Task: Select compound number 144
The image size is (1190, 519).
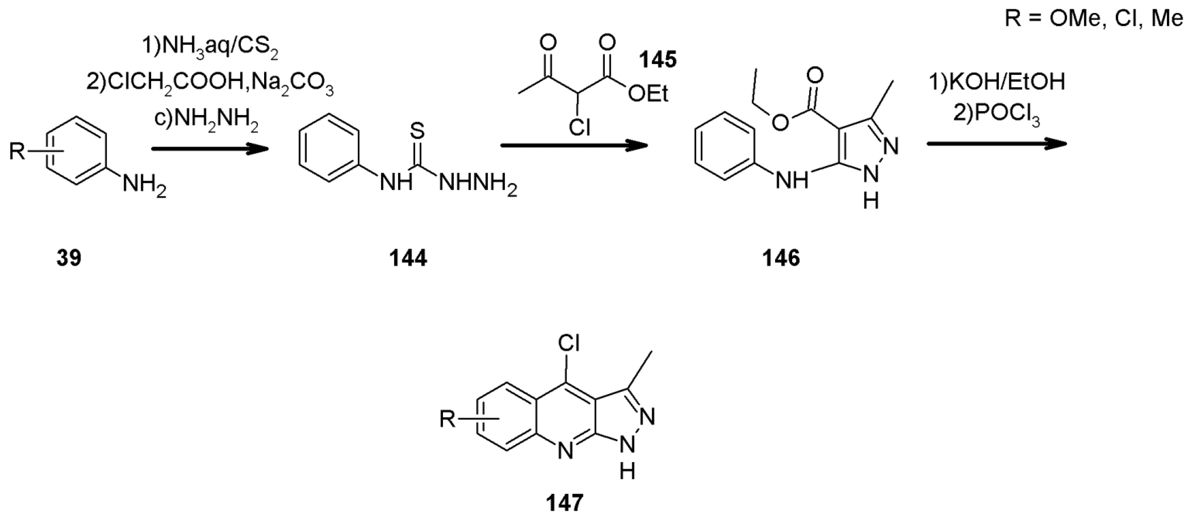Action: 408,258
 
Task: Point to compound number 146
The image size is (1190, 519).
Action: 781,258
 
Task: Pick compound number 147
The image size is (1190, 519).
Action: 565,502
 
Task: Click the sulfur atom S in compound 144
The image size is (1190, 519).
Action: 417,131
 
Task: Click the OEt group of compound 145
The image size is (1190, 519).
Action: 648,94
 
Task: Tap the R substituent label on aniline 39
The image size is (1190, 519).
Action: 18,151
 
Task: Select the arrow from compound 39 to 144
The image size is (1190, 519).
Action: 210,149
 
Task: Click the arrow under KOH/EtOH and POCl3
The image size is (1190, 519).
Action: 997,143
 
